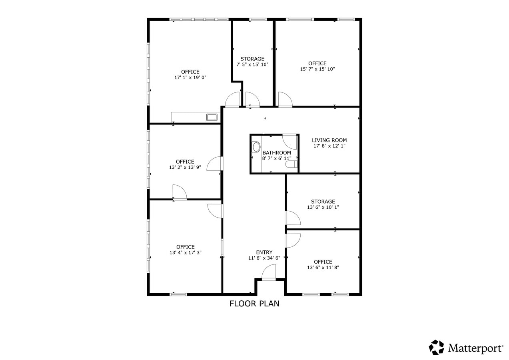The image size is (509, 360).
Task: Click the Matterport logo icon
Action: [436, 347]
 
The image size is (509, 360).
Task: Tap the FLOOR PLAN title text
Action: [254, 304]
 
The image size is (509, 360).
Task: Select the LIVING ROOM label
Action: [329, 140]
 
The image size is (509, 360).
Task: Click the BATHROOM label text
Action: [277, 153]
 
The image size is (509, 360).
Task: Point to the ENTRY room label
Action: [264, 252]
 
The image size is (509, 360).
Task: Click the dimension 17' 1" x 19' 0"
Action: [190, 78]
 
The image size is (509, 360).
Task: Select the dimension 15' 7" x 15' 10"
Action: [317, 69]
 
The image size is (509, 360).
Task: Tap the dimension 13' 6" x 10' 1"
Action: [323, 207]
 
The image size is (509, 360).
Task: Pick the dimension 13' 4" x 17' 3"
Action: [185, 252]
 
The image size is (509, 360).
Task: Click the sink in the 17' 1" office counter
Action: [212, 117]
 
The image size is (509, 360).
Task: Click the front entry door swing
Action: [269, 273]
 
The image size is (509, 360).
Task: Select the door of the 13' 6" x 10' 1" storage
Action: [293, 218]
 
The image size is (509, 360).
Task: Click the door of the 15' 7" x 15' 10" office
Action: [285, 100]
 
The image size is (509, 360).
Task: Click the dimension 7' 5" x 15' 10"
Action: [252, 64]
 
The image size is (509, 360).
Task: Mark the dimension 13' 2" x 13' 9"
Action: [185, 168]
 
